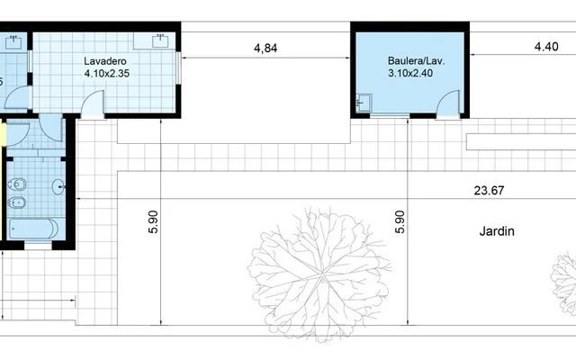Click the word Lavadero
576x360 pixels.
105,61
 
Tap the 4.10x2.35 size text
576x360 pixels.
107,74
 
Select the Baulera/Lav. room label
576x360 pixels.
416,60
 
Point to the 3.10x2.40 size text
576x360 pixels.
410,73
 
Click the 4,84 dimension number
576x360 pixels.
265,48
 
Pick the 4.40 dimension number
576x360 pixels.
546,47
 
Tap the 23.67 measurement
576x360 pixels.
489,190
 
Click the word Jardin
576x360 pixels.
497,231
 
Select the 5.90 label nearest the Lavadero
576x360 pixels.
153,222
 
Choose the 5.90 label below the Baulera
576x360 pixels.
400,222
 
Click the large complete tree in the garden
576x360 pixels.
319,274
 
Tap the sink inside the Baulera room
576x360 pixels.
364,103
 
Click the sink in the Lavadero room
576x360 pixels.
160,40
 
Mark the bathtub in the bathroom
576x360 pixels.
33,229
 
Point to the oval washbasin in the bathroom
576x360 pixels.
58,187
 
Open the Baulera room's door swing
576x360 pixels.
448,103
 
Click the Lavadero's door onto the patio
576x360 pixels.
93,104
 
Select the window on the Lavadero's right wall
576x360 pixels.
178,68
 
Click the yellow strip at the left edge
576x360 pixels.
3,134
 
